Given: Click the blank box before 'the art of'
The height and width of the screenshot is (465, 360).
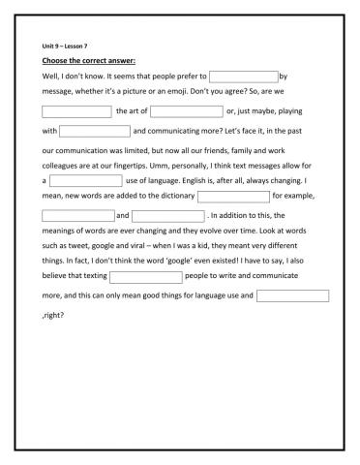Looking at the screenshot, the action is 76,111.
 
